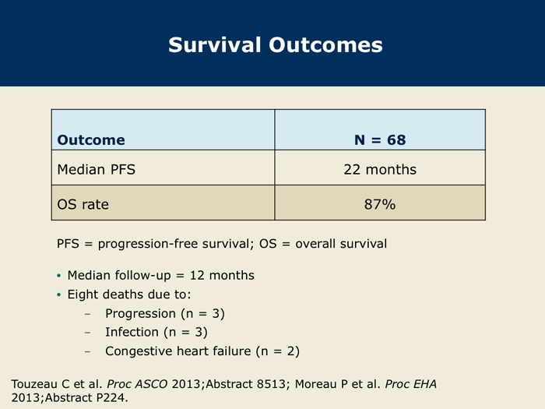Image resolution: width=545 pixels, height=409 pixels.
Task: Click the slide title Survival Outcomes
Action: coord(276,45)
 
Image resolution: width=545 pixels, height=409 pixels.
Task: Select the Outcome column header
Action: coord(91,139)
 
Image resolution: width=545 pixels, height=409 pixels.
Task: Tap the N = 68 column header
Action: coord(380,139)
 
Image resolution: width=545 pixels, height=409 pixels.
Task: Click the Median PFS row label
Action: coord(97,169)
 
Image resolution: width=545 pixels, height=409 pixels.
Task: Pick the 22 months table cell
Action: coord(380,169)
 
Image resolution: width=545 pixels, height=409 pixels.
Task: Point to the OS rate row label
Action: coord(83,204)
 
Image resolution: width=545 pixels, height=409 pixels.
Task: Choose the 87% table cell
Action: coord(380,204)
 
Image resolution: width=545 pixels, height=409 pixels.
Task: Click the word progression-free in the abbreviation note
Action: coord(147,244)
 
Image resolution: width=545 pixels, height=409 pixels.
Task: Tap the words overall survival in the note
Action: coord(341,244)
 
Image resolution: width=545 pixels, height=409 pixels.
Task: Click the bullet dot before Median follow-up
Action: coord(58,276)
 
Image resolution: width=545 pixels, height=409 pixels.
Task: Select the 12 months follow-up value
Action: coord(222,275)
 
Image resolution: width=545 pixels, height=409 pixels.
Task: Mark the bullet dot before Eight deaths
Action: coord(58,295)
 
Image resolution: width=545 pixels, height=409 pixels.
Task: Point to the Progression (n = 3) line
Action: coord(165,314)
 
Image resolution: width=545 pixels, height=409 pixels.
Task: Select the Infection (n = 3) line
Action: coord(156,332)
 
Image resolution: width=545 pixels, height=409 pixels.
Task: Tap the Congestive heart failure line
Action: coord(202,351)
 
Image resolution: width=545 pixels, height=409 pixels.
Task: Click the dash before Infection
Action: coord(87,333)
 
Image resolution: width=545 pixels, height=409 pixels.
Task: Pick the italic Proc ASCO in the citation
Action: coord(137,384)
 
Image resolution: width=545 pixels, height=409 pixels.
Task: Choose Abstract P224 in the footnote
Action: coord(86,397)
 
